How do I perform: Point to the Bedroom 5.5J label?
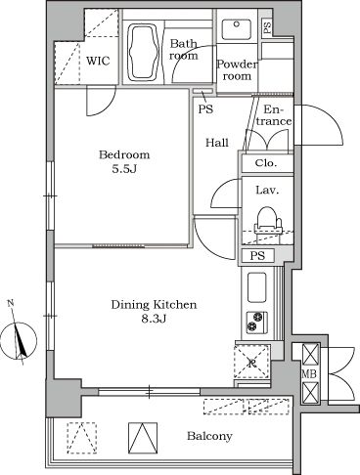124,161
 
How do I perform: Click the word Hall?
217,143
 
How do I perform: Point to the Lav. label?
264,191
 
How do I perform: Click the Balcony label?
210,436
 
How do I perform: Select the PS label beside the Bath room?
204,109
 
